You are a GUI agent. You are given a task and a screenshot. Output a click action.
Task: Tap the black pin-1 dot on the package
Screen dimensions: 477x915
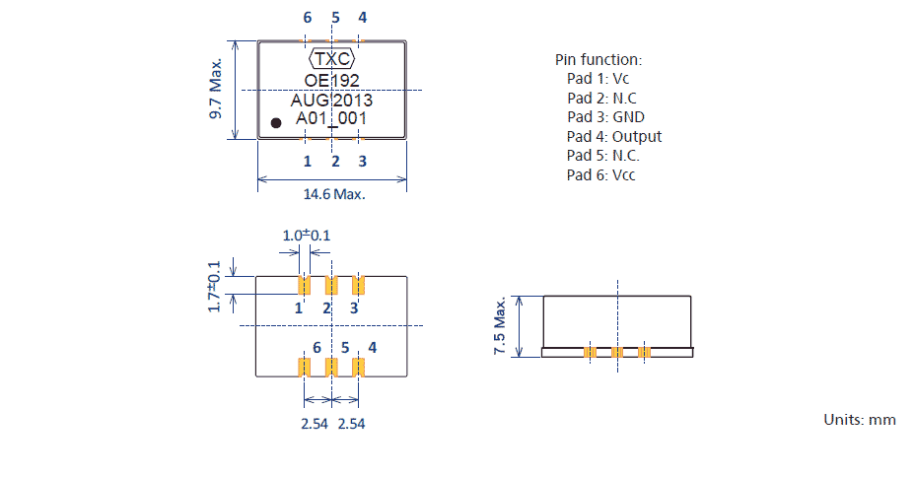click(277, 122)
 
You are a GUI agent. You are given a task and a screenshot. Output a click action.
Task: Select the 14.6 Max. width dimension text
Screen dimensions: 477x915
click(334, 194)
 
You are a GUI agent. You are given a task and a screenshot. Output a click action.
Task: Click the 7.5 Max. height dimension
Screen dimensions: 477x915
click(500, 325)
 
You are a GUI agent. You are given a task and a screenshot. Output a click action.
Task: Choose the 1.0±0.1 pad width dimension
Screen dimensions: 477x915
click(307, 236)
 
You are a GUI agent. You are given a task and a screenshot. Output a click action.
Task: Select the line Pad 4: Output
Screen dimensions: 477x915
click(613, 136)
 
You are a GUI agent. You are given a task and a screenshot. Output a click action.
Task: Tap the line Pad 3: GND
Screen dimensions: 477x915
click(605, 117)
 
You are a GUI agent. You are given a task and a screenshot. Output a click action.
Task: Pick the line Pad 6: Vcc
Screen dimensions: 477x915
click(600, 175)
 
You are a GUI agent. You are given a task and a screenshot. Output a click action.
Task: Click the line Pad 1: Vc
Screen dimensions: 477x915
click(598, 78)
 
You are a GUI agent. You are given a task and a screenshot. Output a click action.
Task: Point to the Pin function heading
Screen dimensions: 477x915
click(598, 59)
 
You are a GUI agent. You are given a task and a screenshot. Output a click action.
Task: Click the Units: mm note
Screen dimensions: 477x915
click(859, 419)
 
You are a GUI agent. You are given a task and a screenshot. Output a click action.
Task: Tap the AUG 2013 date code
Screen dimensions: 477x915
click(331, 100)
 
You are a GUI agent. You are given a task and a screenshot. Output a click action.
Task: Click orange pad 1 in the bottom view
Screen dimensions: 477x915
click(304, 285)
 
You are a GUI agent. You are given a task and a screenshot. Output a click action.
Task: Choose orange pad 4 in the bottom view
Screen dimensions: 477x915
click(359, 367)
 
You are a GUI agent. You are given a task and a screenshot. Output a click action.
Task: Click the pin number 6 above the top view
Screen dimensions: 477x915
click(307, 18)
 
